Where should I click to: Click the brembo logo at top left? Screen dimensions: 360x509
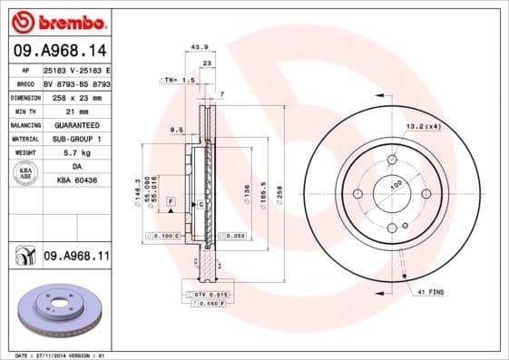point(56,21)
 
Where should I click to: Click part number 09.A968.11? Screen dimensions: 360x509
point(76,258)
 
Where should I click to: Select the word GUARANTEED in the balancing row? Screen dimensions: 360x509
point(75,124)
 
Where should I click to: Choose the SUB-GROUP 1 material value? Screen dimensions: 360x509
point(75,139)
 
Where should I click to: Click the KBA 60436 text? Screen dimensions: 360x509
point(75,181)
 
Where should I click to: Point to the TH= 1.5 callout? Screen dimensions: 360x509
point(178,80)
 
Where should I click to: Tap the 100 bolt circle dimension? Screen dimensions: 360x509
point(396,185)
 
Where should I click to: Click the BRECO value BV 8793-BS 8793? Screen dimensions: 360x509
point(76,82)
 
